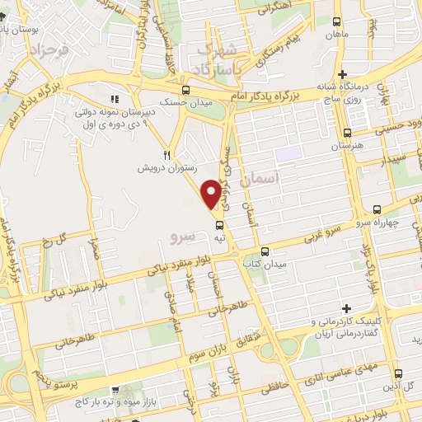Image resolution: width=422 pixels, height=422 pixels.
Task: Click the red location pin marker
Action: pos(212,193)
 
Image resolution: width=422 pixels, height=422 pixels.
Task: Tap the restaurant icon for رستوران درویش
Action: pos(166,154)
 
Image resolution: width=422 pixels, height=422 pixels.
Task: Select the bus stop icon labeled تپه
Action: pos(219,223)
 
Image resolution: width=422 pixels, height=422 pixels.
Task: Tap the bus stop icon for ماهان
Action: pos(337,24)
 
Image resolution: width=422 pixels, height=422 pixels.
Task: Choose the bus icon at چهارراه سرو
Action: pos(375,209)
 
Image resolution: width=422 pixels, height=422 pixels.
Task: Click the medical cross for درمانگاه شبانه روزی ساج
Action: pos(343,75)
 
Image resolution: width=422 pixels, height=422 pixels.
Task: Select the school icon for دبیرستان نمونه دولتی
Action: pos(115,100)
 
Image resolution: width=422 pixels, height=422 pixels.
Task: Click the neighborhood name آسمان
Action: pos(264,178)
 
